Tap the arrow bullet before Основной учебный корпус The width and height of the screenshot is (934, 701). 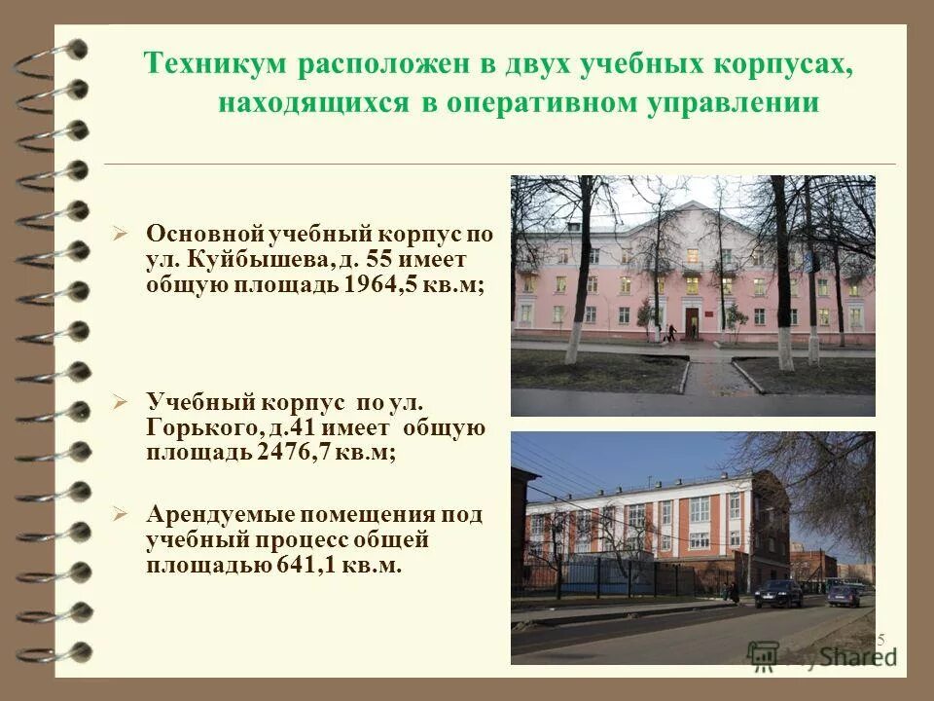pyautogui.click(x=120, y=234)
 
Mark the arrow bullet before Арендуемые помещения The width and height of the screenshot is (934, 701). pyautogui.click(x=120, y=513)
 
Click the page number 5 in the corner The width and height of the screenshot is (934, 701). pyautogui.click(x=880, y=640)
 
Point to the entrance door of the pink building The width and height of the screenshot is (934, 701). pyautogui.click(x=691, y=320)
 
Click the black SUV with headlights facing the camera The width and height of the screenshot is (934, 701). pyautogui.click(x=779, y=592)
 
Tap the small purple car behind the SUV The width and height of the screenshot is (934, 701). pyautogui.click(x=844, y=595)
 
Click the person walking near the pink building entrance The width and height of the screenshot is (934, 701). pyautogui.click(x=670, y=333)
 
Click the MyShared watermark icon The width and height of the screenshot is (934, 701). pyautogui.click(x=764, y=653)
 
